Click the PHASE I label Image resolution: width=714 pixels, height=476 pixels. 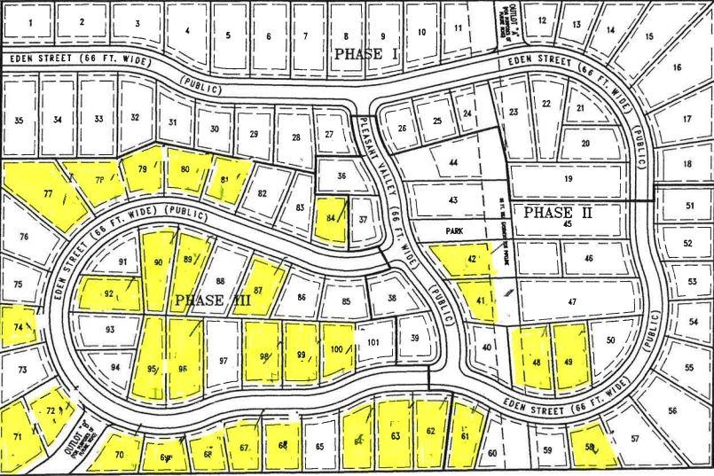click(366, 55)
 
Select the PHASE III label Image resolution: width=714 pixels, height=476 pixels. click(213, 300)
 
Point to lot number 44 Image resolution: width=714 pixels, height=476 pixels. click(453, 163)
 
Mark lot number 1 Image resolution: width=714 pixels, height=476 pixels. click(33, 21)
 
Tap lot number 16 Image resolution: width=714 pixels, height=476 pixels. click(677, 67)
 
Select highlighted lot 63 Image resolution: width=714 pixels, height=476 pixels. click(395, 434)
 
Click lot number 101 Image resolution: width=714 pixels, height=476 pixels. click(373, 343)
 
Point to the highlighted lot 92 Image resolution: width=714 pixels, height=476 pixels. click(109, 293)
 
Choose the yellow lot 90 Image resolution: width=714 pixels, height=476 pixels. click(158, 262)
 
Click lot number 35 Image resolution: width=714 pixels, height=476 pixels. click(20, 120)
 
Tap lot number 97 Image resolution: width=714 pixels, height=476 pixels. click(224, 361)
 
